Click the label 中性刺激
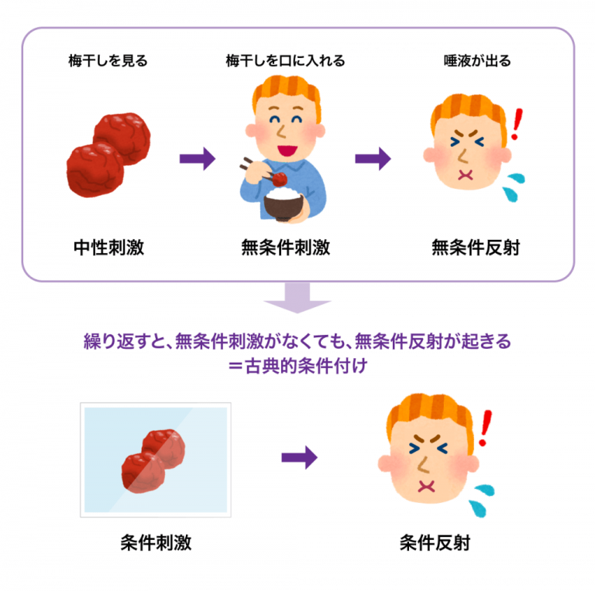(x=108, y=248)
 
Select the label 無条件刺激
(x=286, y=248)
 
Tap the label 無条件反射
(x=476, y=248)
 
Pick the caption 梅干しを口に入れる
(x=284, y=61)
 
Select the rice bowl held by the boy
(x=284, y=203)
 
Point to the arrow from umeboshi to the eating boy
(x=198, y=159)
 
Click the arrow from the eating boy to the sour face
(x=373, y=159)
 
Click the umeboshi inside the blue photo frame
(x=153, y=459)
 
